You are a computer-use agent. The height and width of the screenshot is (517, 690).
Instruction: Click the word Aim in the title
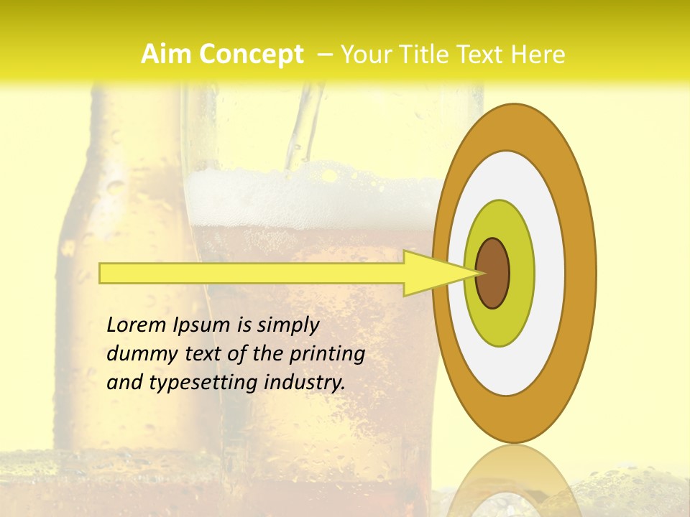pyautogui.click(x=166, y=55)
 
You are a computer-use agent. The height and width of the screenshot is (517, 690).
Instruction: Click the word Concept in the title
pyautogui.click(x=251, y=55)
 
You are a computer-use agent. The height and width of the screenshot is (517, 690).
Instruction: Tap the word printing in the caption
pyautogui.click(x=327, y=355)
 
